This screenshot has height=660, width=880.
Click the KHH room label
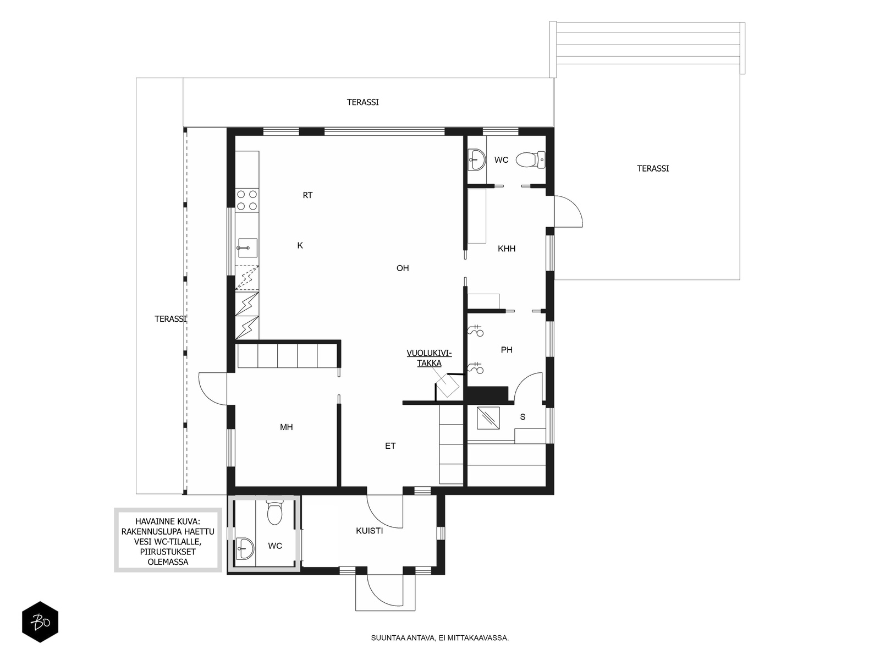click(507, 249)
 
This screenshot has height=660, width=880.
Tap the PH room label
click(507, 350)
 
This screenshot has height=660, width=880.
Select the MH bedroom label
click(286, 427)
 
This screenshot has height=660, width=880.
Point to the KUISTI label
click(369, 531)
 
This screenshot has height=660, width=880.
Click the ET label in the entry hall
click(391, 446)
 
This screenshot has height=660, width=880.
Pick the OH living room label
click(403, 268)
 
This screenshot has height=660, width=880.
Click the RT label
click(307, 195)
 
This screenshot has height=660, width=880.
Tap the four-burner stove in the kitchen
click(247, 200)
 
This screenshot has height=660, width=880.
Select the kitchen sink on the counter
click(247, 248)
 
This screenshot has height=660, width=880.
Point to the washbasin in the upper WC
click(476, 160)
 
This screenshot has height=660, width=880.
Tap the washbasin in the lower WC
click(245, 548)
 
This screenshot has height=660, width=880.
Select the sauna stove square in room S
click(488, 419)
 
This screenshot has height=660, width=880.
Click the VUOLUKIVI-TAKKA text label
click(429, 358)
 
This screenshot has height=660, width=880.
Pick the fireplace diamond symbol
click(447, 386)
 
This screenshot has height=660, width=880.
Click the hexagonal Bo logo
click(40, 622)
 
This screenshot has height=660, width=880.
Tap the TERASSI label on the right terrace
click(653, 169)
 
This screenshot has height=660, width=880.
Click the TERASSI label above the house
click(362, 102)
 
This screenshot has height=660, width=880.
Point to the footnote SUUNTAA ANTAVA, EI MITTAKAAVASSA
click(440, 638)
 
